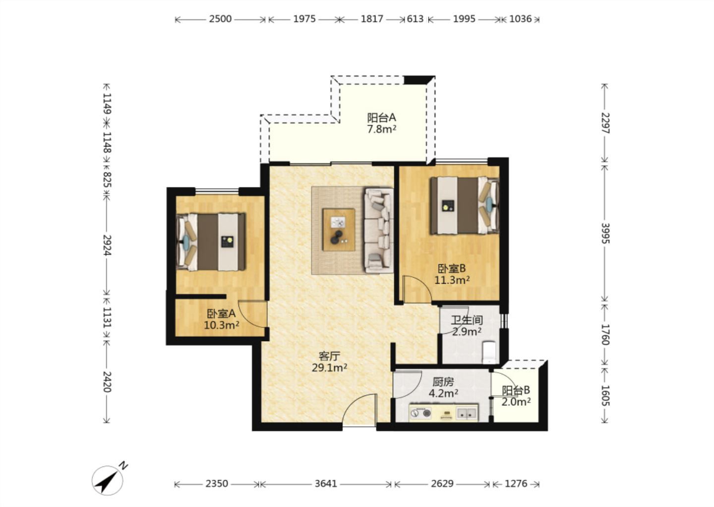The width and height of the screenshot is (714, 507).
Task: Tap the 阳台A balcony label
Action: [382, 118]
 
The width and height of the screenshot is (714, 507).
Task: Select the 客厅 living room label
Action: [329, 356]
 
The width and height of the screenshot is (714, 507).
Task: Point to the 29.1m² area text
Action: [329, 368]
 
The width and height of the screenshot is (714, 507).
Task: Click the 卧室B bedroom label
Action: [452, 269]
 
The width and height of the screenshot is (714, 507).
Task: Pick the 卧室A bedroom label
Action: [221, 314]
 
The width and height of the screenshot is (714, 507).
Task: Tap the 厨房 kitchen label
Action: [443, 382]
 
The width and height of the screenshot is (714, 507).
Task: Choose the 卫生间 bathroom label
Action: [467, 320]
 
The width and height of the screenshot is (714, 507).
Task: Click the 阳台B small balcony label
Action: [516, 390]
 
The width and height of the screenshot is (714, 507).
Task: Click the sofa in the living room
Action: [378, 230]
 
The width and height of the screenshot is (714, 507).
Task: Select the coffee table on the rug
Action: [339, 229]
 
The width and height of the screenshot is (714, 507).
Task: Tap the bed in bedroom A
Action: [211, 242]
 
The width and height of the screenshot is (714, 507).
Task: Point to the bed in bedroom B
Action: [465, 205]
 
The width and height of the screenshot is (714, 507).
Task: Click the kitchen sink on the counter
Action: [467, 413]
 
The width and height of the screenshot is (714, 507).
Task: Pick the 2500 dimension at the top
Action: [220, 19]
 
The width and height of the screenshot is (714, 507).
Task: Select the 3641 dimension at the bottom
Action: [326, 484]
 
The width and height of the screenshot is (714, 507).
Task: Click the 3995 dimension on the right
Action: [605, 233]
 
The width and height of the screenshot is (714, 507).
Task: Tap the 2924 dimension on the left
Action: [107, 245]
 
